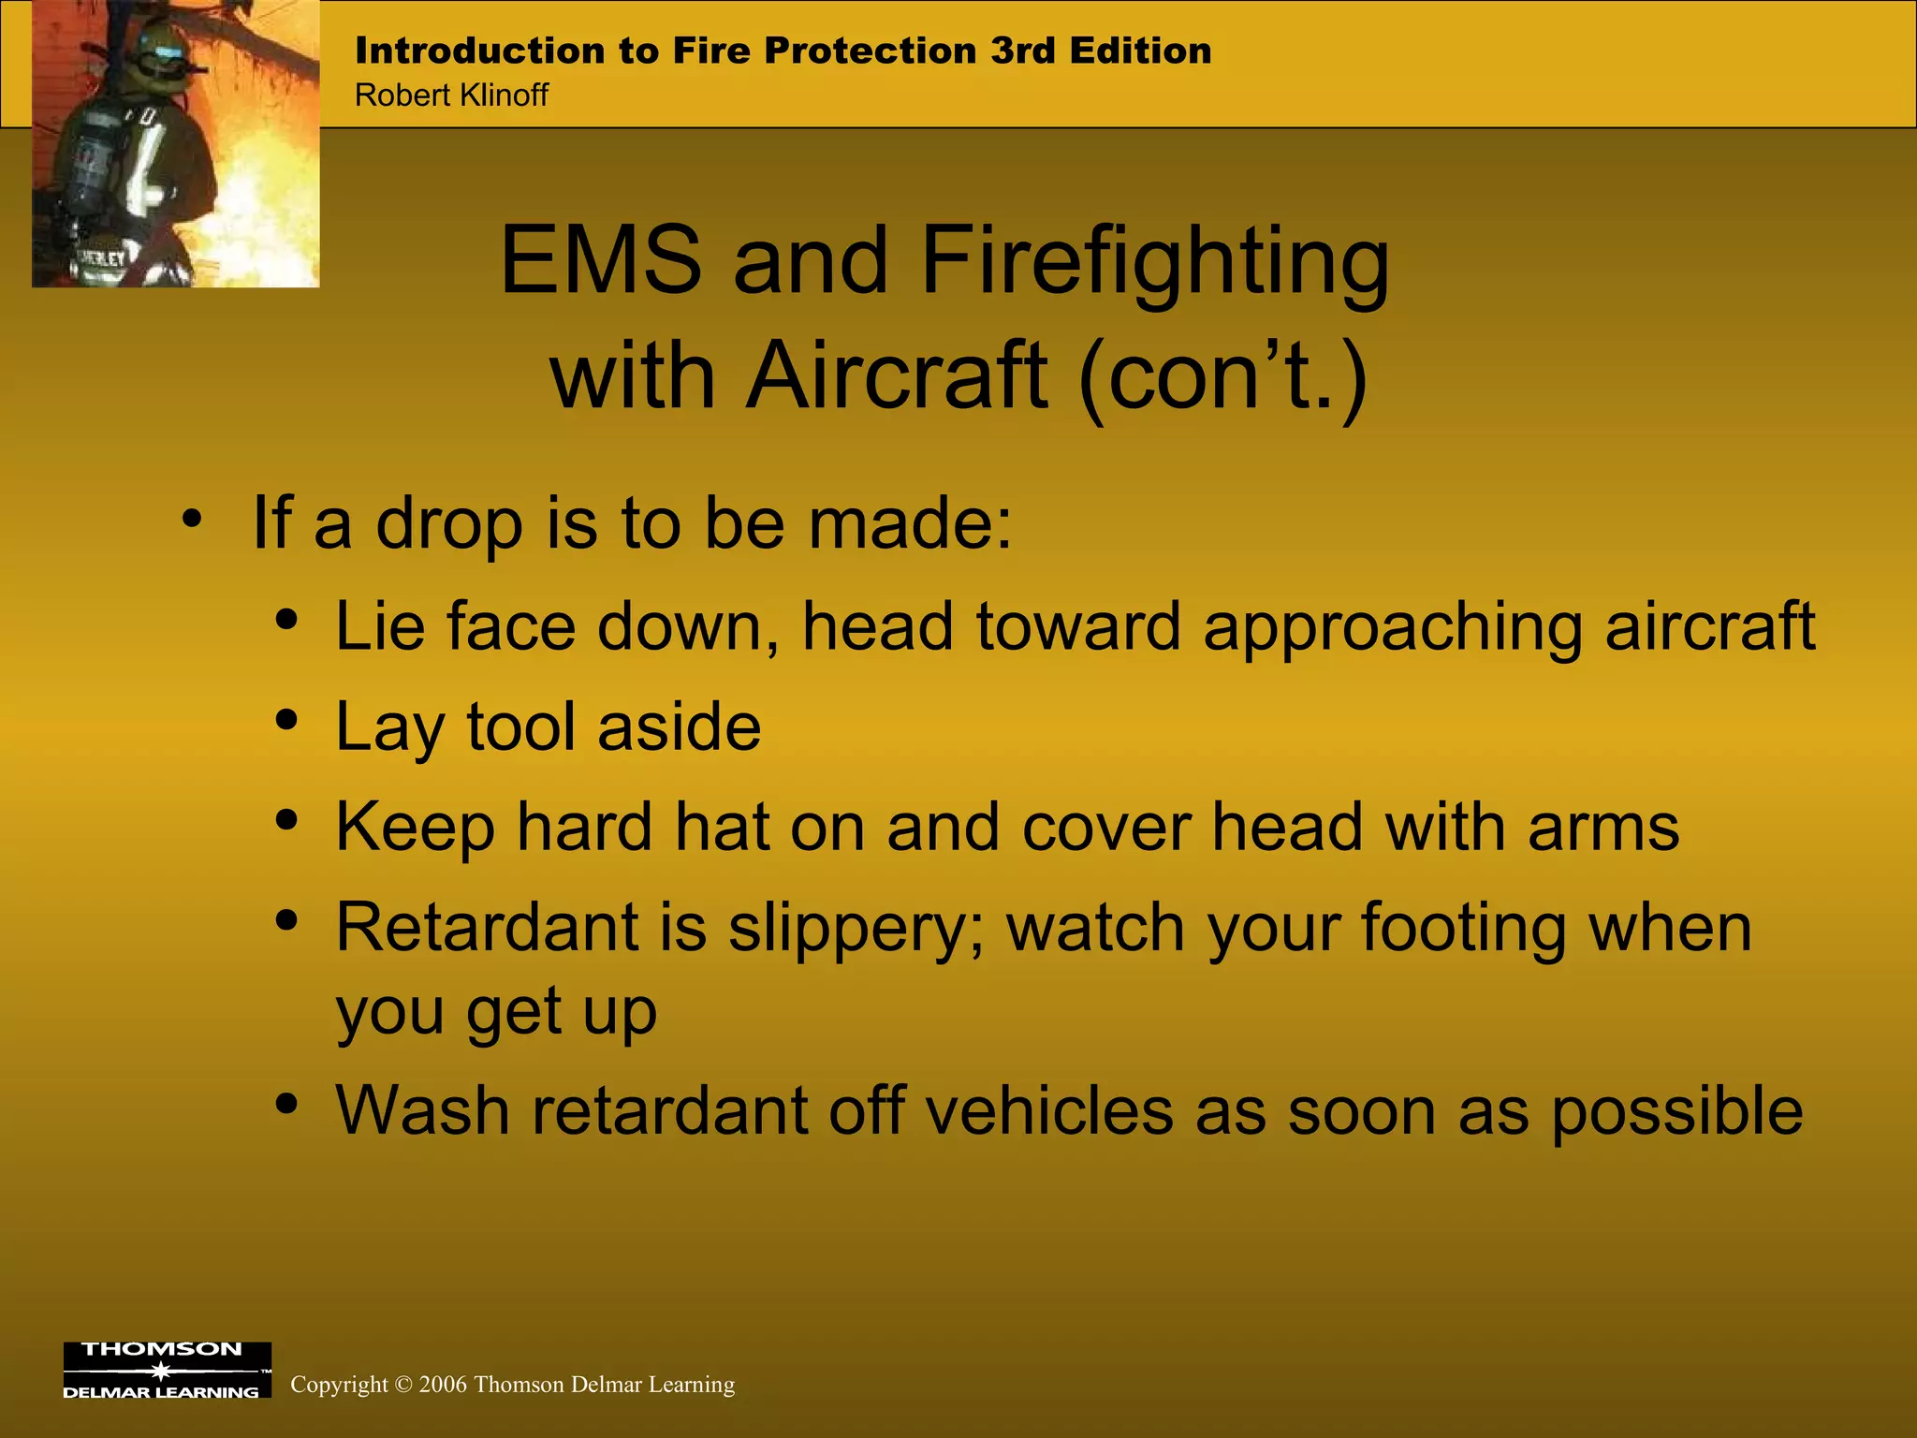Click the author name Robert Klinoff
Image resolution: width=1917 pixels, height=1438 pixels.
pyautogui.click(x=451, y=95)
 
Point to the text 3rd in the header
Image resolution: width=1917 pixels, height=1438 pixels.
pyautogui.click(x=1023, y=51)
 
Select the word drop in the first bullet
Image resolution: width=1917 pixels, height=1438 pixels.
pyautogui.click(x=449, y=524)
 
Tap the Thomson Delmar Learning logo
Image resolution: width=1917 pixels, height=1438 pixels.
pyautogui.click(x=167, y=1370)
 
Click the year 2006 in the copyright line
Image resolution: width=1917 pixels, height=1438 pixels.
pyautogui.click(x=443, y=1385)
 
